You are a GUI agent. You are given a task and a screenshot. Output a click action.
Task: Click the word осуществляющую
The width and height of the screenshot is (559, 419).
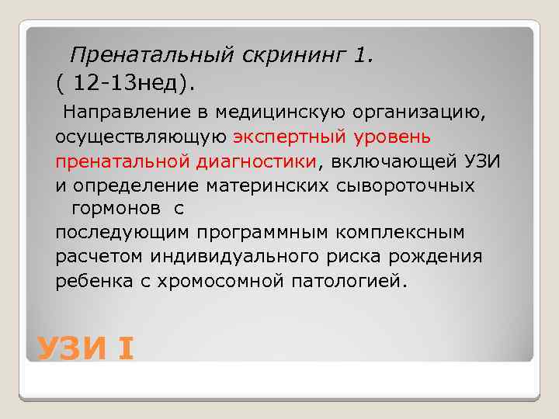pyautogui.click(x=141, y=137)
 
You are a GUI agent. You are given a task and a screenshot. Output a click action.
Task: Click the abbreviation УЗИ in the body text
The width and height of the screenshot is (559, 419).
pyautogui.click(x=482, y=161)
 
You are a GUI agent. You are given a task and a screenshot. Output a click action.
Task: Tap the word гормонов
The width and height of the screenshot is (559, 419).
pyautogui.click(x=113, y=209)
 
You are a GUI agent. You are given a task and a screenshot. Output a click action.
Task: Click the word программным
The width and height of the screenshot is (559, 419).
pyautogui.click(x=252, y=233)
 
